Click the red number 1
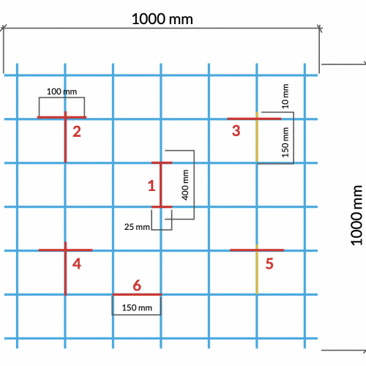click(x=152, y=186)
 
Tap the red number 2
click(x=77, y=132)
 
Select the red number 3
click(x=236, y=130)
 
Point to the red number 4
click(x=77, y=264)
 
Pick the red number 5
click(x=269, y=264)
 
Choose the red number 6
click(x=137, y=285)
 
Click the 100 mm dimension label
click(x=61, y=91)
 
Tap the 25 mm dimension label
click(x=137, y=227)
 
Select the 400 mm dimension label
click(x=185, y=185)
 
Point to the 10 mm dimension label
click(x=285, y=96)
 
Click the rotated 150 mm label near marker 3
click(x=285, y=143)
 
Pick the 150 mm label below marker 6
click(x=137, y=307)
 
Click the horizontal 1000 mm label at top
click(x=163, y=19)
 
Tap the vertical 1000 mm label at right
click(x=356, y=215)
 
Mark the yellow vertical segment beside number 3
click(x=257, y=137)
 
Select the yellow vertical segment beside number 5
click(x=257, y=269)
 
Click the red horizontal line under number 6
click(x=137, y=294)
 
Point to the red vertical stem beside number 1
click(x=160, y=184)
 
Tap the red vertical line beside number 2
click(x=65, y=137)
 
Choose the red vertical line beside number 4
click(x=65, y=269)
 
